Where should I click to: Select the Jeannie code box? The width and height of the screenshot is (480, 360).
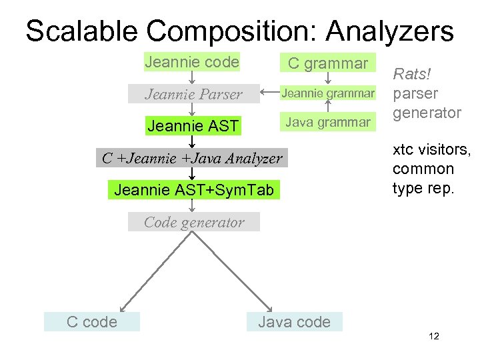[x=192, y=62]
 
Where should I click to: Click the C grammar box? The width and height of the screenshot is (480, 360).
[x=327, y=63]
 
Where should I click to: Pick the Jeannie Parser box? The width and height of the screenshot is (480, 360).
[x=193, y=94]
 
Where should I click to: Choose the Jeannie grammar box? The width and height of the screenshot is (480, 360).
[x=327, y=93]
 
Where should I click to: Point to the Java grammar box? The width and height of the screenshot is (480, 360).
[x=327, y=122]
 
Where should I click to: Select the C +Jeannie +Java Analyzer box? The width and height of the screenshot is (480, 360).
[x=192, y=159]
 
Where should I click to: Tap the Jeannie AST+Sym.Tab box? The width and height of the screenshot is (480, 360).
[x=193, y=190]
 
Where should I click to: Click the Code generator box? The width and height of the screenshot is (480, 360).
[x=193, y=222]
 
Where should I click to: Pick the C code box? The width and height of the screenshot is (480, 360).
[x=92, y=322]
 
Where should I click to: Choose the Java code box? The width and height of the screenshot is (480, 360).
[x=294, y=322]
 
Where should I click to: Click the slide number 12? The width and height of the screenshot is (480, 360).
[x=434, y=337]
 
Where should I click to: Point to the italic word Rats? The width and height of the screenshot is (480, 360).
[x=412, y=74]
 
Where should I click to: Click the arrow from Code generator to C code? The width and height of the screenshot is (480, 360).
[x=153, y=270]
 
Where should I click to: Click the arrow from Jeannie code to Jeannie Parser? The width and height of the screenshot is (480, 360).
[x=192, y=78]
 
